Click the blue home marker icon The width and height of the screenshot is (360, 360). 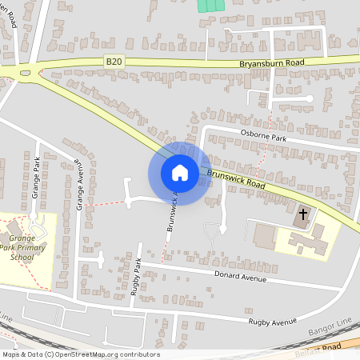(x=180, y=173)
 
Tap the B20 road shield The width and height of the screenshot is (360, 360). (x=115, y=60)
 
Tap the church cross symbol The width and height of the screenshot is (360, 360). (x=302, y=214)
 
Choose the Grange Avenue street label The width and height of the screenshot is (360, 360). (x=79, y=185)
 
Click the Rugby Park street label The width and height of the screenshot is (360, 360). (x=137, y=277)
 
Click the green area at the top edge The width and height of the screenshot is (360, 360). (x=210, y=5)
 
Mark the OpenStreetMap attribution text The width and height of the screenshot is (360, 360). (x=80, y=354)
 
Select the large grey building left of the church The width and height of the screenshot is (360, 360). (x=264, y=235)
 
